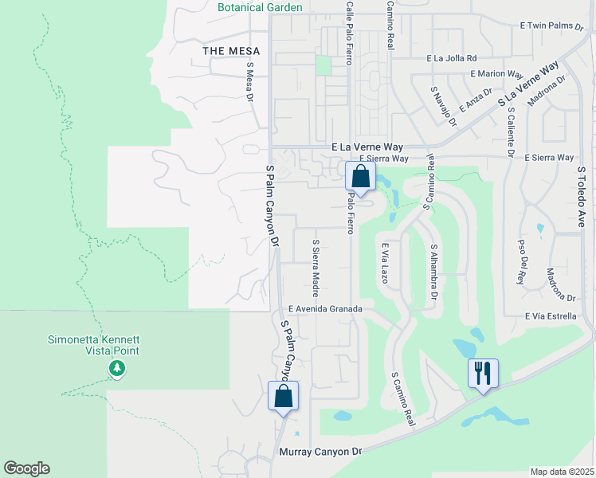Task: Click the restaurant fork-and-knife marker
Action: pos(483,373)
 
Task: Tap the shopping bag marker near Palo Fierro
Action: pos(360,177)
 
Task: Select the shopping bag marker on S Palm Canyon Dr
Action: pos(284,397)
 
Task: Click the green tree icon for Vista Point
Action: pos(117,368)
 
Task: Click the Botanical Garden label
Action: pos(260,7)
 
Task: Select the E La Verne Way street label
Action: pos(367,147)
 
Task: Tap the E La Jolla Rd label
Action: pos(451,58)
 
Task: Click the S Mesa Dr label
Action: pos(249,83)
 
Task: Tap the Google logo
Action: pos(27,468)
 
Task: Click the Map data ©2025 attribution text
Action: pos(562,472)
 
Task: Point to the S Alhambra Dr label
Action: pos(434,272)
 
